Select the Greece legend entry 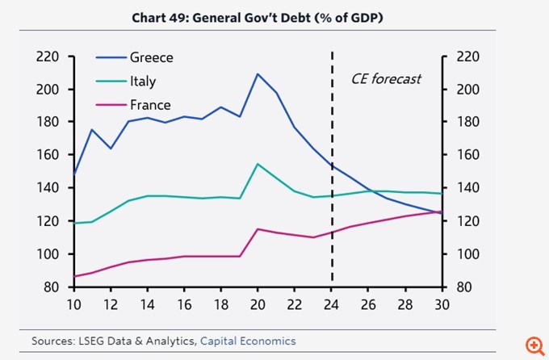[x=151, y=57]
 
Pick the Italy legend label [x=143, y=81]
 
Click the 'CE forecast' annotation [x=386, y=78]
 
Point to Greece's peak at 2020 [x=258, y=74]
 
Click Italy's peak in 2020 [x=258, y=164]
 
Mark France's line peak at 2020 [x=258, y=228]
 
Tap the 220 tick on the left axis [x=48, y=57]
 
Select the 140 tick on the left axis [x=48, y=188]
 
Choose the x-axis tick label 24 [x=332, y=305]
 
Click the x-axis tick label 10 [x=73, y=305]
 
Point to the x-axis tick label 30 [x=442, y=305]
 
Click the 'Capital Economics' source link [x=248, y=341]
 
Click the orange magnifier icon [x=533, y=345]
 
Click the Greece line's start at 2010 [x=73, y=174]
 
